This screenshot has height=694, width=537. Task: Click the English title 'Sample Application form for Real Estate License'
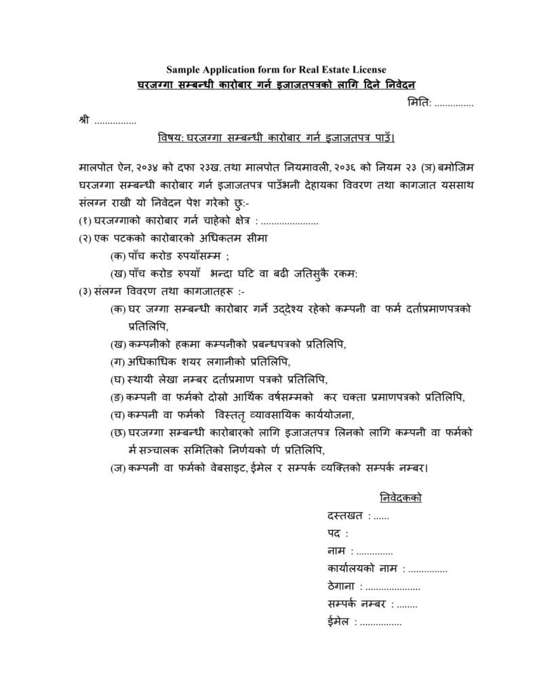(x=276, y=69)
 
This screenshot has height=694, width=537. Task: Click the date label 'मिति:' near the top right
(x=418, y=104)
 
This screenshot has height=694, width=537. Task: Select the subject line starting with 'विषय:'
(x=276, y=139)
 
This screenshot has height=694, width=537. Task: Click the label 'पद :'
(x=337, y=535)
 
